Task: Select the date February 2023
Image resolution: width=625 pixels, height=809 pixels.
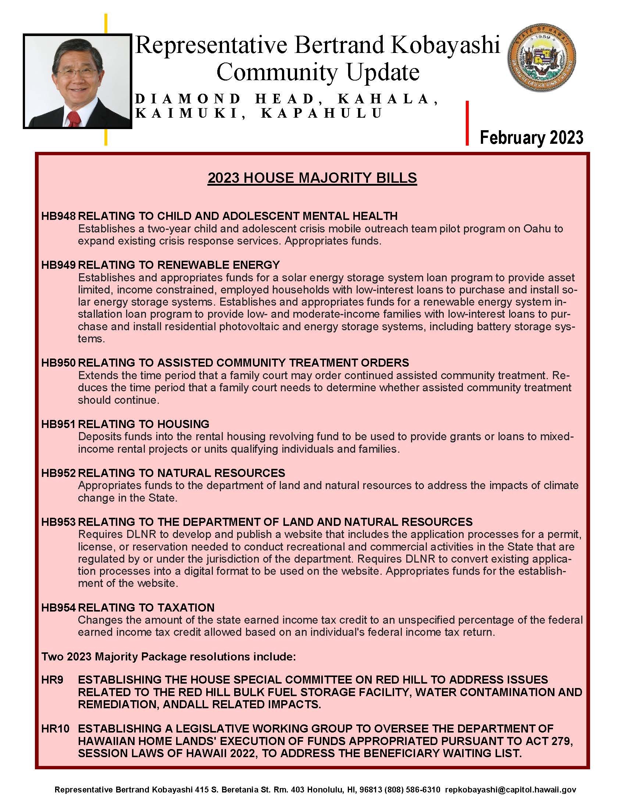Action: click(x=531, y=138)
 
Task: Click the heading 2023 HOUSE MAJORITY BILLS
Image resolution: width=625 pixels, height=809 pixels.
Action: click(x=312, y=178)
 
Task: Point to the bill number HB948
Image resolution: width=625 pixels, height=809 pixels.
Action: click(x=58, y=216)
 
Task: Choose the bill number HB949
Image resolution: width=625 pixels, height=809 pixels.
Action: click(x=58, y=265)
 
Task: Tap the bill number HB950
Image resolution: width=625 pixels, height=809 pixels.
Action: click(x=58, y=363)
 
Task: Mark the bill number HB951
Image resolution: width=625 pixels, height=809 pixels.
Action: click(x=58, y=424)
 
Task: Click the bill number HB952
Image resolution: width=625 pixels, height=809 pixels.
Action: click(x=58, y=473)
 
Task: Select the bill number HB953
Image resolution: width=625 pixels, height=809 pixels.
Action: click(x=58, y=522)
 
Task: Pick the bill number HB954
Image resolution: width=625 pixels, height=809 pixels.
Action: click(x=58, y=607)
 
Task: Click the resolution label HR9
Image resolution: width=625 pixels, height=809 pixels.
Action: click(x=52, y=680)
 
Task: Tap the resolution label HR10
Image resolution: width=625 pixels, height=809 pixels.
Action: click(x=55, y=728)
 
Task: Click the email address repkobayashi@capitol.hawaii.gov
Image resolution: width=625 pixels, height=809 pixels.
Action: click(x=511, y=790)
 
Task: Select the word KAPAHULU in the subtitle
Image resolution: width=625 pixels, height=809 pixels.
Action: click(x=321, y=113)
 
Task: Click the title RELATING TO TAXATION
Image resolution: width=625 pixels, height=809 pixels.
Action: click(x=146, y=607)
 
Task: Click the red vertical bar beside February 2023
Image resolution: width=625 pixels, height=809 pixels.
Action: click(x=467, y=123)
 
